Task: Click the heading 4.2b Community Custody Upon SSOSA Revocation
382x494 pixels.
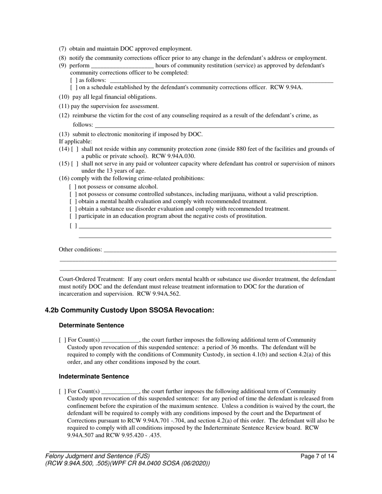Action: (x=129, y=310)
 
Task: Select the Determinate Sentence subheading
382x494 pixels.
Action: (x=91, y=325)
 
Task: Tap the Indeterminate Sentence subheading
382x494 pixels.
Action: (x=94, y=376)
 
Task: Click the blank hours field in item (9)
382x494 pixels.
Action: (x=122, y=65)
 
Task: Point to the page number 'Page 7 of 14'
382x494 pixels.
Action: (x=317, y=456)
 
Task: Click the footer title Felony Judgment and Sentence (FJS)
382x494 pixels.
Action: (x=98, y=456)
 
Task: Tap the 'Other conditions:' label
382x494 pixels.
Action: (x=80, y=249)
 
